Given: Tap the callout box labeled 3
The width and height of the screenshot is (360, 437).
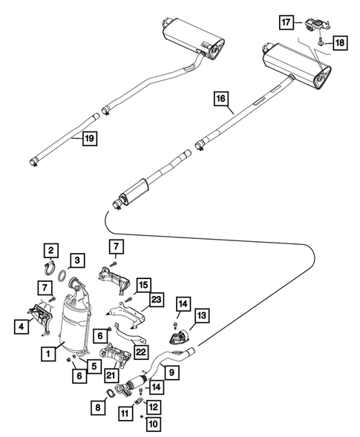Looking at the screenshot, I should coord(76,260).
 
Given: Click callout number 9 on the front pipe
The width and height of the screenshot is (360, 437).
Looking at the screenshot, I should coord(171,372).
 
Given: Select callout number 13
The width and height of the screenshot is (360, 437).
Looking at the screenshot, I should coord(203,315).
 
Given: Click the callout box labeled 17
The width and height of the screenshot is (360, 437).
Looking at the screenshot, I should coord(287,23).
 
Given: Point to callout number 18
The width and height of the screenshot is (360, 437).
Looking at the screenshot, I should coord(338,44).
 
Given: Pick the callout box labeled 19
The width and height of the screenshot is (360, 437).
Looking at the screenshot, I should coord(88,138).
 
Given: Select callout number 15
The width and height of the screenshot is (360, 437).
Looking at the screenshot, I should coord(143,283).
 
